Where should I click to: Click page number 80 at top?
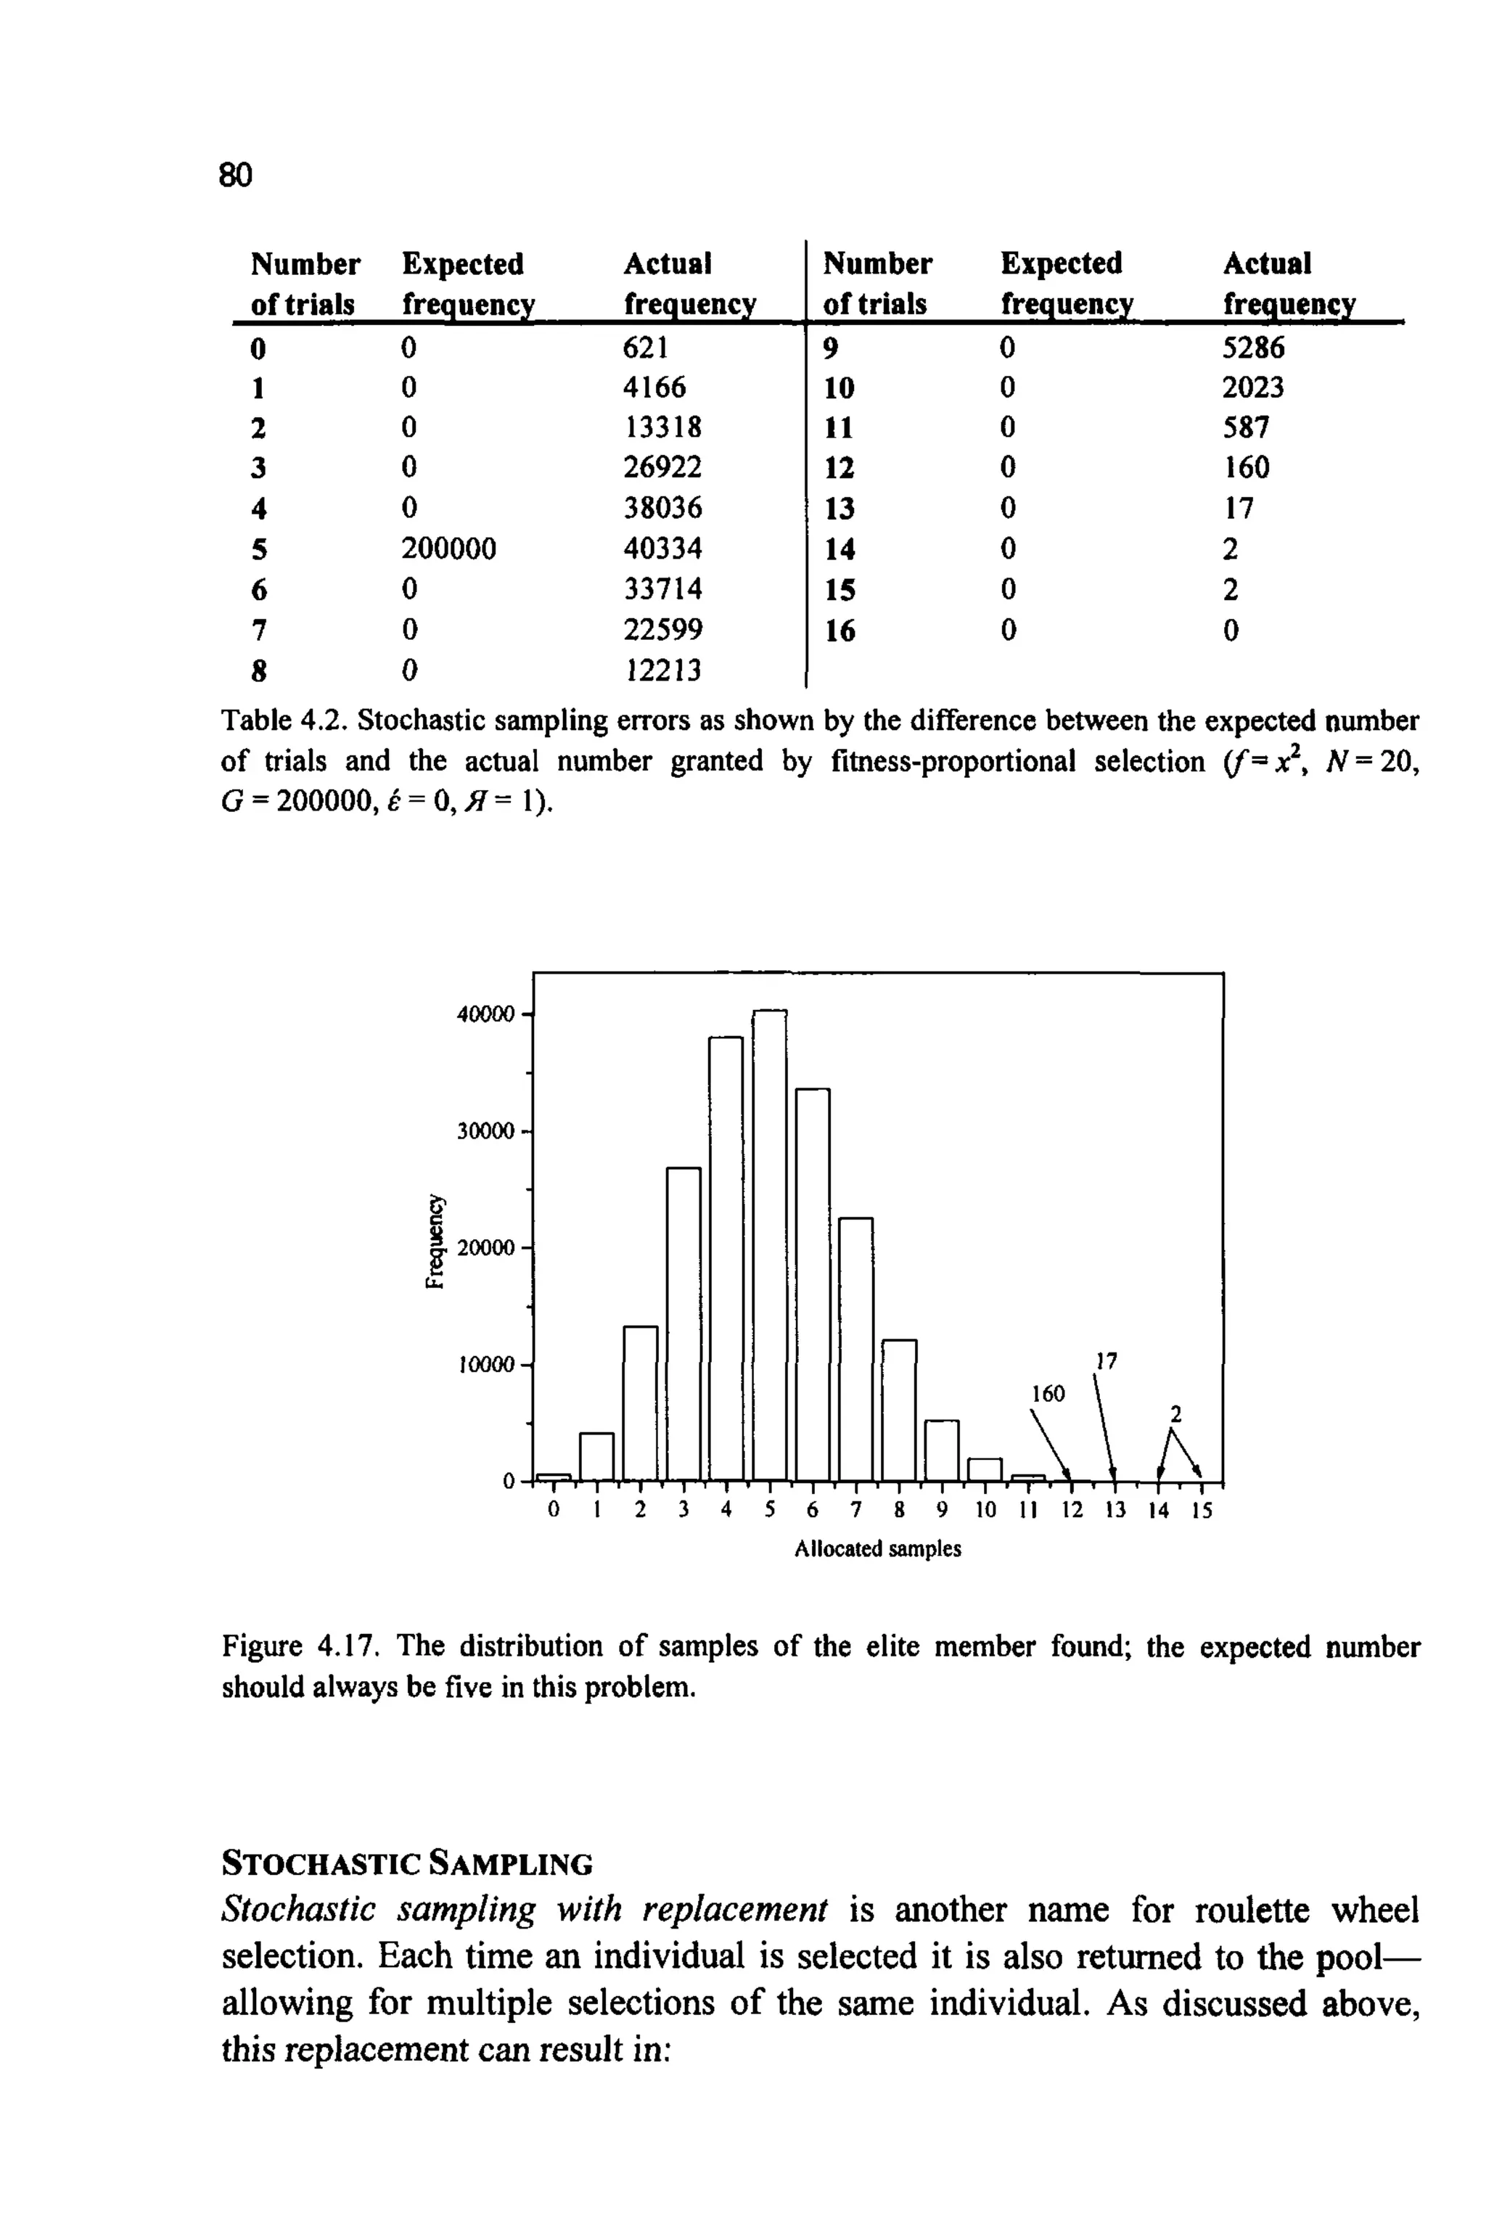point(236,174)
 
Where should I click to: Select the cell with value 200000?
point(448,549)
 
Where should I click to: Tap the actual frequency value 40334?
point(662,549)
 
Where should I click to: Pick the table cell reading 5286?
point(1253,348)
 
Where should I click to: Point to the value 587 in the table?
point(1245,427)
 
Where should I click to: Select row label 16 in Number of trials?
point(839,631)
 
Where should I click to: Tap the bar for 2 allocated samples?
point(641,1403)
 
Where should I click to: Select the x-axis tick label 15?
point(1202,1511)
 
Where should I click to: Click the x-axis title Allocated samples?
point(877,1548)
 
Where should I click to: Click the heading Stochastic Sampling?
point(406,1863)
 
